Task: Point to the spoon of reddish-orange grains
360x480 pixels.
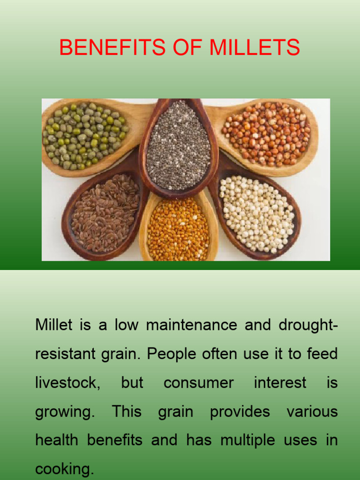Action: click(x=266, y=133)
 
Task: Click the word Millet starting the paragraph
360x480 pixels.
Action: click(x=53, y=325)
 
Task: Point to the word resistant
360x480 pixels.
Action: click(x=65, y=354)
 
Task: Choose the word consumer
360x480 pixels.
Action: click(x=198, y=382)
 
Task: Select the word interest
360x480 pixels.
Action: click(x=280, y=382)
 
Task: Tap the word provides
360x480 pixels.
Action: click(x=240, y=412)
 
